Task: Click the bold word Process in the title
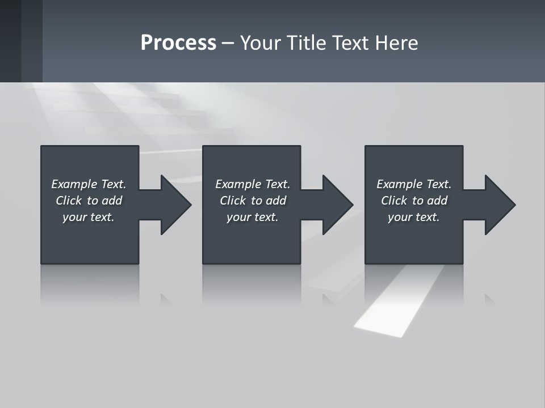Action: (x=178, y=43)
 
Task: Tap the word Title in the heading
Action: (x=305, y=43)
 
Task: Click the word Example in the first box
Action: (x=73, y=184)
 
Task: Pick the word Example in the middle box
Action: (x=237, y=184)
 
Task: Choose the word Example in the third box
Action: (x=399, y=184)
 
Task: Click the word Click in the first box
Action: (x=68, y=201)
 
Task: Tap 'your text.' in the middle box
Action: (x=252, y=217)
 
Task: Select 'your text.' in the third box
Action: (x=413, y=217)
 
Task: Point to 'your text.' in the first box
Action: (x=88, y=217)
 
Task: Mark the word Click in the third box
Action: (x=394, y=201)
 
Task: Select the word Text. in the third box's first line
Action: (x=438, y=184)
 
